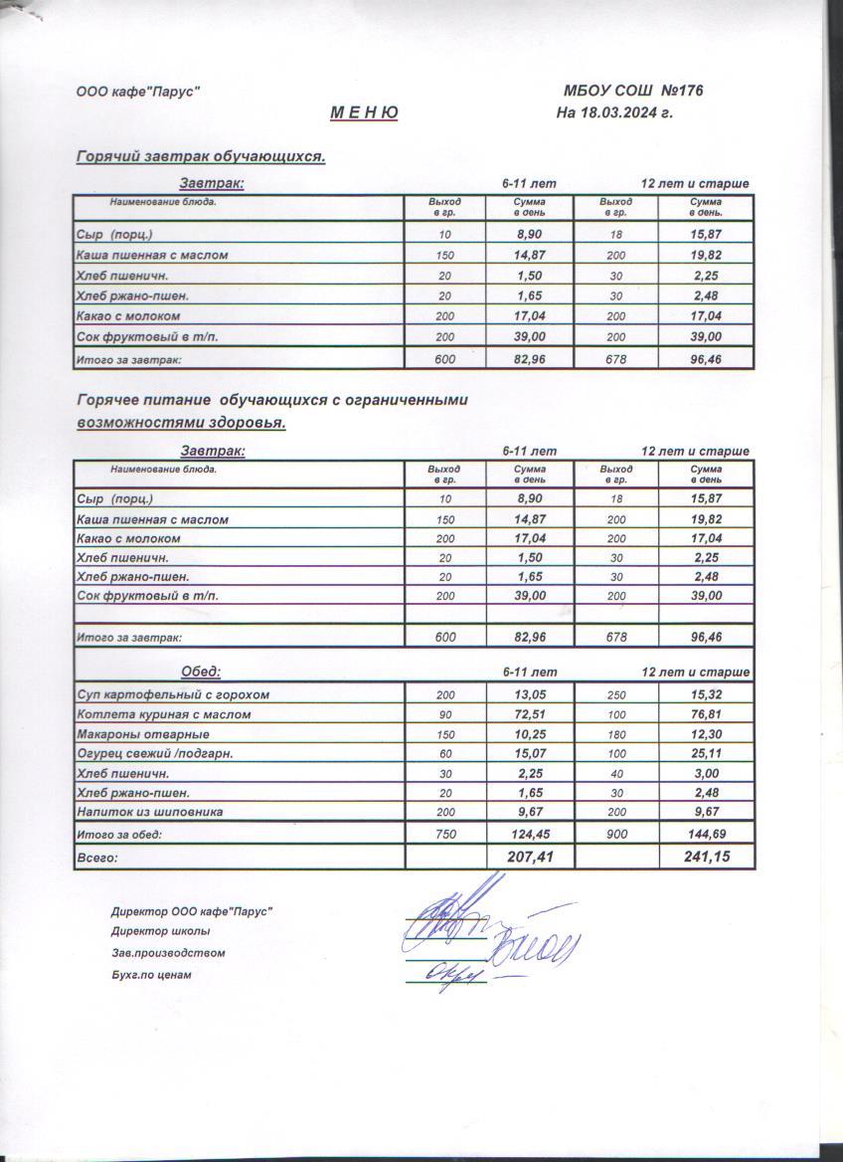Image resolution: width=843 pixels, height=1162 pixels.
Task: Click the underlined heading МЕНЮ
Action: point(364,112)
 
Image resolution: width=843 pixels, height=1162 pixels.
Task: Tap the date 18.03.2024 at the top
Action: point(614,112)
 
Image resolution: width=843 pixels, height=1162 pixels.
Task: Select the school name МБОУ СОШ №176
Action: point(633,91)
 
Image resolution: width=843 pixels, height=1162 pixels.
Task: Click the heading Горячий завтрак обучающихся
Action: point(201,156)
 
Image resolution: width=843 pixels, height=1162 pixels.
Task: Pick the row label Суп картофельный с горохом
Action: point(173,694)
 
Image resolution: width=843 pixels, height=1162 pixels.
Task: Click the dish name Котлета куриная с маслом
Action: point(163,714)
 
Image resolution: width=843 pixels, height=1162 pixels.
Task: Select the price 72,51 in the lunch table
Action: point(530,714)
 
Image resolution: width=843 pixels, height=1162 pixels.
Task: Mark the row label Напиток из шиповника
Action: point(149,812)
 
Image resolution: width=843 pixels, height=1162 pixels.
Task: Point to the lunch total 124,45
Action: point(530,835)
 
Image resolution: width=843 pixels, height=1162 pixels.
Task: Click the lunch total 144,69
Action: point(707,835)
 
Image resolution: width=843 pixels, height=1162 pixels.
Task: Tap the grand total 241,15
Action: point(706,856)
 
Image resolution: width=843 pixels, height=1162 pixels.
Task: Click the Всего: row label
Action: point(97,857)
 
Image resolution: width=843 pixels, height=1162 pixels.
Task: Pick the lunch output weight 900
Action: point(616,835)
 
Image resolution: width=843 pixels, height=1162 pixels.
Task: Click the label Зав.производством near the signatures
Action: point(168,953)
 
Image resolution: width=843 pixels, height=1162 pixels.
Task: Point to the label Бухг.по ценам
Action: point(151,975)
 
